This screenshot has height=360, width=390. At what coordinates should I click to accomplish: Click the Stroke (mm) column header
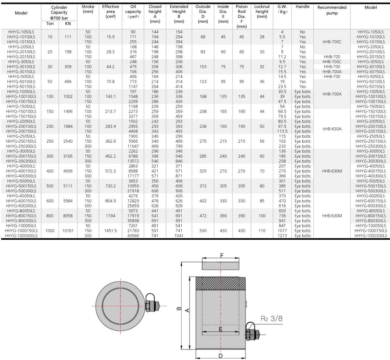pos(88,9)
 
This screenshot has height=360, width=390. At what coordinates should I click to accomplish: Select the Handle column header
pos(303,6)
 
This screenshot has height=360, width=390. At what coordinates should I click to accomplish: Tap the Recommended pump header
pos(332,10)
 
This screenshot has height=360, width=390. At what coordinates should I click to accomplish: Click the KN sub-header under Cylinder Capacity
pos(68,24)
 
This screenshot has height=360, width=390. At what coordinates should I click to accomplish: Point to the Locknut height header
pos(262,12)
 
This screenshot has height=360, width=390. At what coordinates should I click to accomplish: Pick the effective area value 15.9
pos(110,37)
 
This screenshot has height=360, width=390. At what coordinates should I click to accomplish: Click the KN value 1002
pos(68,96)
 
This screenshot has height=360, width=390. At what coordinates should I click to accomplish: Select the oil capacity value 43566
pos(133,236)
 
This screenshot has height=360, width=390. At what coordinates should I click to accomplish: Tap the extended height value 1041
pos(179,236)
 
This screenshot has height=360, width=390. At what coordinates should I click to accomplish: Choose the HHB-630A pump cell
pos(332,129)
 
